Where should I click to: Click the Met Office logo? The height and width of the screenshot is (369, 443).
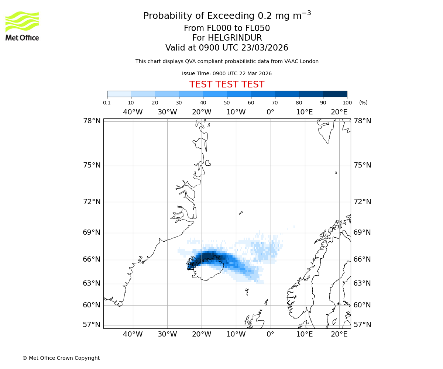tap(22, 26)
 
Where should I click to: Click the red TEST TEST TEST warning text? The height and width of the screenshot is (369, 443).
tap(227, 85)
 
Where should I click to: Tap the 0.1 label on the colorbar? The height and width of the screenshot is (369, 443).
tap(107, 103)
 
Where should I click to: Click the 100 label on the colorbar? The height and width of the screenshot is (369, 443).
tap(347, 103)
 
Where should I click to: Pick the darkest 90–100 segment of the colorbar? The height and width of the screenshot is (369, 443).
tap(335, 94)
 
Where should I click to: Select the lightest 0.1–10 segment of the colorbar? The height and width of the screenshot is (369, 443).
tap(119, 94)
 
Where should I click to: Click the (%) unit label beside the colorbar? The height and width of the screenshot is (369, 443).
tap(363, 103)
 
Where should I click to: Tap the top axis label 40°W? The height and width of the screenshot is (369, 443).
tap(133, 112)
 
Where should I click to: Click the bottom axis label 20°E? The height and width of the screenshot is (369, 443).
tap(339, 334)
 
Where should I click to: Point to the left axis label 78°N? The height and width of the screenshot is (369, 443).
tap(92, 121)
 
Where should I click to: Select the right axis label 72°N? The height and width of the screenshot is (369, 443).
tap(362, 202)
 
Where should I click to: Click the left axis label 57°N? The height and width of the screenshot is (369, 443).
tap(92, 325)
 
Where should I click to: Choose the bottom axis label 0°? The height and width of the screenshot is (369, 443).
tap(270, 334)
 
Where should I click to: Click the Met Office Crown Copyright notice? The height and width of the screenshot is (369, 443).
tap(61, 358)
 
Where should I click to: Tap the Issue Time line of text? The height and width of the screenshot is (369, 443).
tap(227, 73)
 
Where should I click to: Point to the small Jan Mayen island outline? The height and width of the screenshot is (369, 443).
tap(241, 212)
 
